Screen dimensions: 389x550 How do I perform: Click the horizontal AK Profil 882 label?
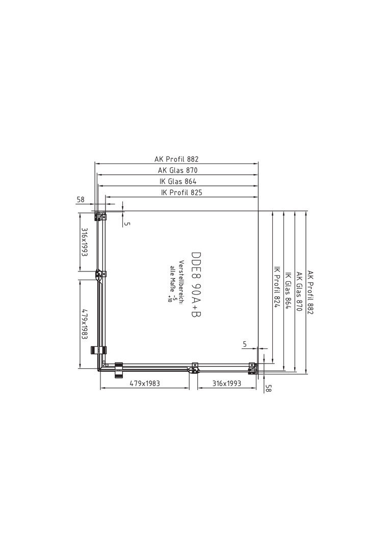[x=176, y=159]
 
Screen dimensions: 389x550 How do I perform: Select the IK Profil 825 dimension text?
[x=181, y=192]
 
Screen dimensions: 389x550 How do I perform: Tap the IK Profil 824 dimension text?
[x=276, y=287]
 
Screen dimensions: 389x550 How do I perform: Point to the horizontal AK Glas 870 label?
[x=177, y=171]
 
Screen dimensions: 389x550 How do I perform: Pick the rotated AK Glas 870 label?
[x=299, y=291]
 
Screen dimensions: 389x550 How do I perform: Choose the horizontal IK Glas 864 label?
[x=177, y=181]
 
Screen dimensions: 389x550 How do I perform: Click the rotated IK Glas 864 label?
[x=288, y=290]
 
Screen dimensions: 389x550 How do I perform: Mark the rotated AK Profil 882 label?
[x=310, y=292]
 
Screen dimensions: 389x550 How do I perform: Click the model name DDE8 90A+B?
[x=196, y=285]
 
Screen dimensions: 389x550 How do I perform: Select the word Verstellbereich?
[x=181, y=282]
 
